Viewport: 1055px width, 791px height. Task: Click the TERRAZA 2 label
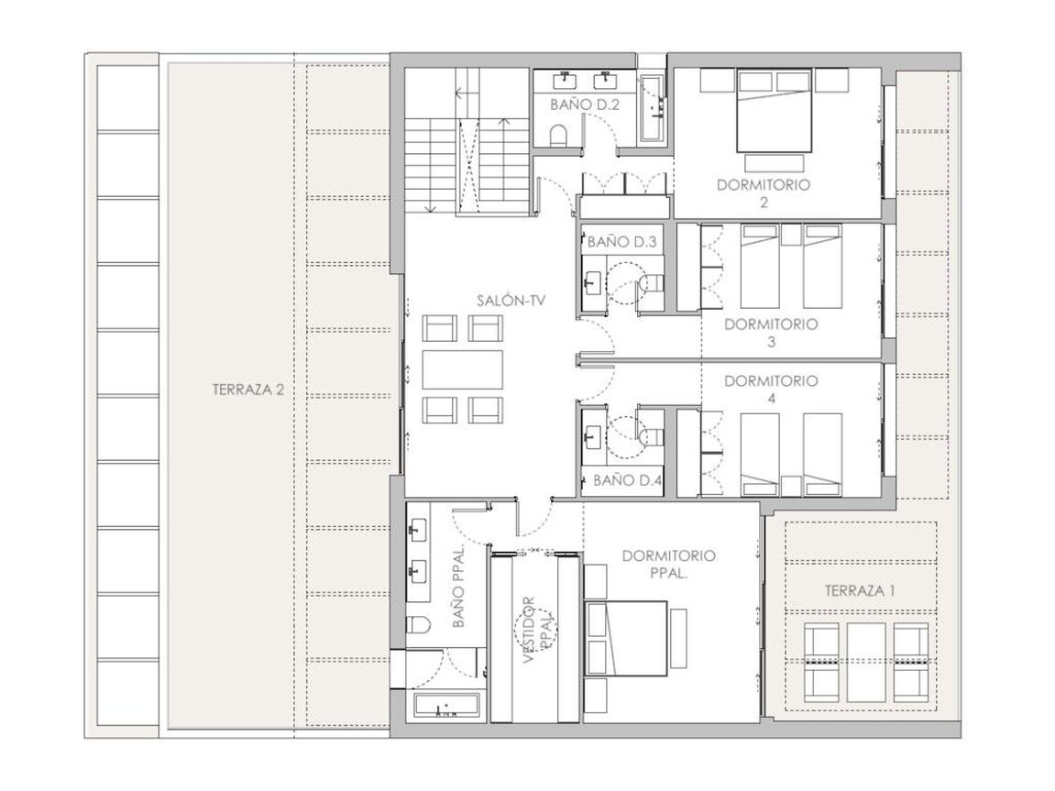[x=247, y=390]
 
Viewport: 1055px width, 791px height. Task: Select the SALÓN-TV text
[x=511, y=301]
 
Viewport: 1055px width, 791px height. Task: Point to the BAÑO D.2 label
[x=584, y=104]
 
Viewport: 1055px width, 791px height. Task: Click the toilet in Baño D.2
[x=559, y=136]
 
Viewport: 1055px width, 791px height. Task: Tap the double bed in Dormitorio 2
[x=774, y=112]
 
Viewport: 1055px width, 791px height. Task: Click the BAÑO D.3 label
[x=621, y=242]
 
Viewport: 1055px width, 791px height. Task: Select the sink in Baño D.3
[x=594, y=283]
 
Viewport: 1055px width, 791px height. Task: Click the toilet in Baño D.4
[x=650, y=436]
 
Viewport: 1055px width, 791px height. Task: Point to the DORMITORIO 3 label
[x=771, y=333]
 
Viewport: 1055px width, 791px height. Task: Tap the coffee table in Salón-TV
[x=463, y=369]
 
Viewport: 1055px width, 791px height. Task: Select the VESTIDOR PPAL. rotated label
[x=538, y=631]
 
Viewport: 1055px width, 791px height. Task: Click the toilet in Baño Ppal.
[x=419, y=625]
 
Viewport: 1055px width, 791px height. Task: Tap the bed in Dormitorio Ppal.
[x=626, y=638]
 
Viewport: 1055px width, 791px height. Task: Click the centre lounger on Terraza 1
[x=865, y=663]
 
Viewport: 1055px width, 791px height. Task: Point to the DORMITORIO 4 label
[x=771, y=390]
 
